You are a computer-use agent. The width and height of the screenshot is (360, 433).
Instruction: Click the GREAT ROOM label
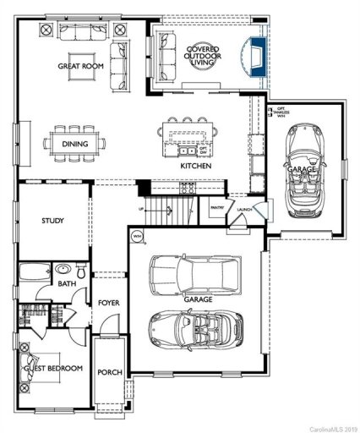80,65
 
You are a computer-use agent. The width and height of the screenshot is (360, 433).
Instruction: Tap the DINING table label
74,144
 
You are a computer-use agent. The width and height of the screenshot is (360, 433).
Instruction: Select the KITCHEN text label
195,166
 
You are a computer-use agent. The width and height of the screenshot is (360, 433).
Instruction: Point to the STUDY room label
53,221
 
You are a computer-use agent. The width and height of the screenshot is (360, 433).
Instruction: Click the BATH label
68,285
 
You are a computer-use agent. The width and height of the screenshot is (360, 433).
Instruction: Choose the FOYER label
108,302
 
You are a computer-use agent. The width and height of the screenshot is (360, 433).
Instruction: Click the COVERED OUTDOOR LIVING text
202,56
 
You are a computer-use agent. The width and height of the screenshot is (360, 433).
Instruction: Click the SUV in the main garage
193,274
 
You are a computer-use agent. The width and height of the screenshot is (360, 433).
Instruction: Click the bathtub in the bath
35,272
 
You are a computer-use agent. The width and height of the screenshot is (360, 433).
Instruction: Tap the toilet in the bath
79,271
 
